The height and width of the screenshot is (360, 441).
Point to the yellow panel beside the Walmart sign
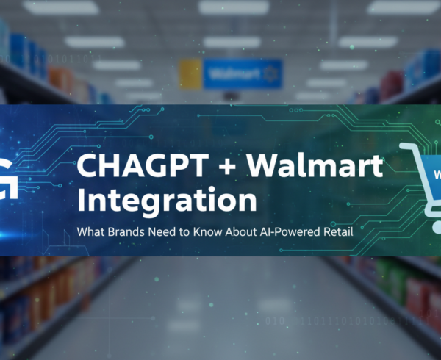(190, 74)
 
